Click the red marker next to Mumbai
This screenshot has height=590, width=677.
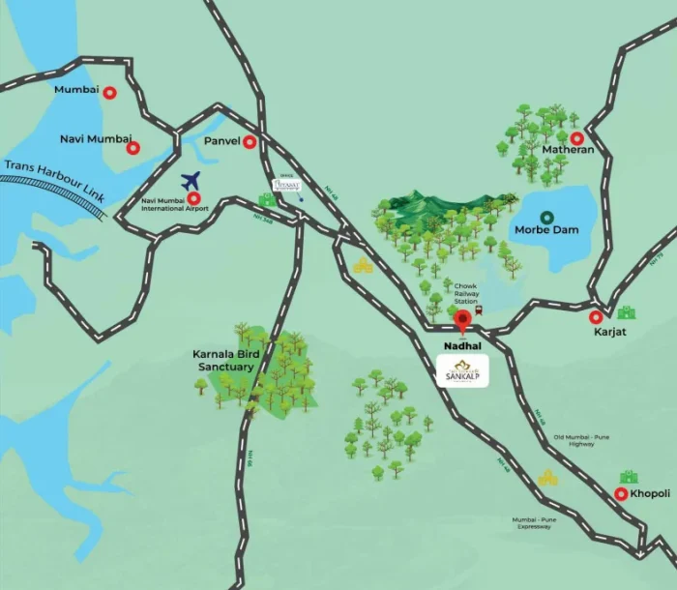109,93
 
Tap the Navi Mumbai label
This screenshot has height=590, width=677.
95,139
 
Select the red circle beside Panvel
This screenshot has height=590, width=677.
250,142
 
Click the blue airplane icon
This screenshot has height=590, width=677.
191,180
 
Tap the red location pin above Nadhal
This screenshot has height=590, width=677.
463,319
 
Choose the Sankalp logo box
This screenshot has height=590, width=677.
462,371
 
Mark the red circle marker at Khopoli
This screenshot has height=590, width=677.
620,494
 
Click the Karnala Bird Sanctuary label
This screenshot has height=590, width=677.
223,361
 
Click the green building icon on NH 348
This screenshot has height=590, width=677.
266,200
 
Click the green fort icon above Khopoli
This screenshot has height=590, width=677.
630,479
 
